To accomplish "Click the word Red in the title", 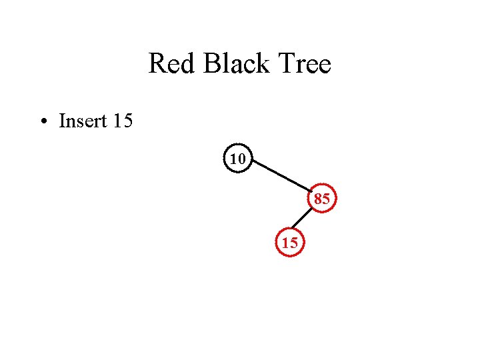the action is (x=171, y=65).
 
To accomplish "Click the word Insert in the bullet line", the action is (x=83, y=121).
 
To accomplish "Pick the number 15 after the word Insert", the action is (x=123, y=121).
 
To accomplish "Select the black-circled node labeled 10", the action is (x=238, y=159).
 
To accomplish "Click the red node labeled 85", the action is (x=322, y=198).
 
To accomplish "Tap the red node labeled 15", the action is (x=290, y=243).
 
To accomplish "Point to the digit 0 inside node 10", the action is (x=241, y=159).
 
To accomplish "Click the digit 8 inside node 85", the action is (x=319, y=198).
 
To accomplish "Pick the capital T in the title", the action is (x=290, y=65).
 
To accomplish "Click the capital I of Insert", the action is (x=62, y=121).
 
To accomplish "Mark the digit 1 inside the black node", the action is (x=234, y=159).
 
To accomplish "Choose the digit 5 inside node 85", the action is (x=326, y=198).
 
